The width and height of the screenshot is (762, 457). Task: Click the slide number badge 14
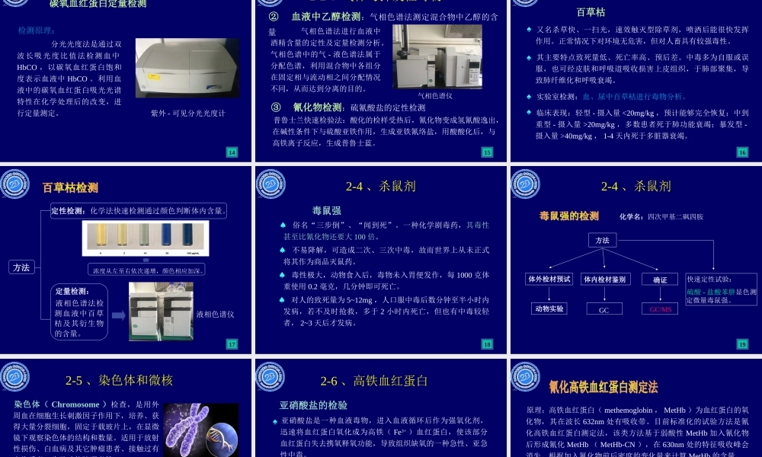point(232,152)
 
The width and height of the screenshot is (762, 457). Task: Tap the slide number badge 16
point(742,152)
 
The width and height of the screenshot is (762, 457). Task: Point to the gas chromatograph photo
point(437,56)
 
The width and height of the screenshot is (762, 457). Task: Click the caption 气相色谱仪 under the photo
point(435,96)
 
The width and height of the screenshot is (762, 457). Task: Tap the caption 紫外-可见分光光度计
point(187,113)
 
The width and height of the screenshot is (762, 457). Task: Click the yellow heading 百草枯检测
point(70,187)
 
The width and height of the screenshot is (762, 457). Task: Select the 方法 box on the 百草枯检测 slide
point(21,267)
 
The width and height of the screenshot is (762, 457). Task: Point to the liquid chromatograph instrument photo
point(160,311)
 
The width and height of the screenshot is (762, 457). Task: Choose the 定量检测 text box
point(80,312)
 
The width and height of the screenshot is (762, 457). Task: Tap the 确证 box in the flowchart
point(659,280)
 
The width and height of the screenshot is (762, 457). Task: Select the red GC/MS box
point(659,309)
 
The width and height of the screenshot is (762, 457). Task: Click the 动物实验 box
point(549,309)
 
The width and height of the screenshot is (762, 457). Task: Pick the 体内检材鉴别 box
point(604,280)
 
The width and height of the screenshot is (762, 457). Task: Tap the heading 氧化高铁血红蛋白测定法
point(603,388)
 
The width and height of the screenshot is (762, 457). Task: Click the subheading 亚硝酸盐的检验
point(313,404)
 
